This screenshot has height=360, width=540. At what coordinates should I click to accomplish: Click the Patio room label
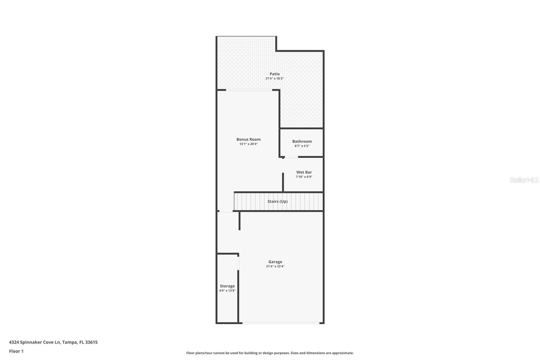click(x=274, y=74)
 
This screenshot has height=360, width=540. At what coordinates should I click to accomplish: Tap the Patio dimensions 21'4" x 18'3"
click(x=274, y=79)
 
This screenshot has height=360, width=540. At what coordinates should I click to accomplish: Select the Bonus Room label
click(x=248, y=139)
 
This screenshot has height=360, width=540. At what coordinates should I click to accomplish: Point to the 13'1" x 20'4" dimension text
click(x=248, y=144)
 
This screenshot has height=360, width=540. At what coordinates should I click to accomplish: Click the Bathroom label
click(x=302, y=142)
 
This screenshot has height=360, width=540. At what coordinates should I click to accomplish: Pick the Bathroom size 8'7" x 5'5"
click(x=302, y=146)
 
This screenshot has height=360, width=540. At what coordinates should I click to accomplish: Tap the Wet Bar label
click(x=304, y=172)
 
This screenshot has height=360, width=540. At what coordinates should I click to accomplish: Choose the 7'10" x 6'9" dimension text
click(x=304, y=177)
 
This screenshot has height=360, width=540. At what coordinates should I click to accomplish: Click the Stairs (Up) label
click(x=277, y=202)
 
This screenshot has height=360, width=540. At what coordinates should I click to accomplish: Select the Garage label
click(x=275, y=262)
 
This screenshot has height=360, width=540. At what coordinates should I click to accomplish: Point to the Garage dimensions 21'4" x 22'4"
click(x=275, y=266)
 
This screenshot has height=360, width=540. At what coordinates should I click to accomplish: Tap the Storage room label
click(x=227, y=286)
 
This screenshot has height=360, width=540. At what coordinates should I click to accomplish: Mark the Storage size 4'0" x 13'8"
click(x=227, y=291)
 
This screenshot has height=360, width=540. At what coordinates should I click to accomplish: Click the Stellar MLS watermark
click(x=524, y=180)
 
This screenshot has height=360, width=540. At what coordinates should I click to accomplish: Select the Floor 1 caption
click(x=16, y=351)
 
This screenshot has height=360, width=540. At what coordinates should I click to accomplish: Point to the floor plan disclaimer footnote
click(x=270, y=353)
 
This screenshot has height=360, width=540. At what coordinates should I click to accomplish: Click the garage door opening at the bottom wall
click(x=281, y=323)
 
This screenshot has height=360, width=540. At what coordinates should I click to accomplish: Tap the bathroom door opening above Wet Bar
click(x=291, y=157)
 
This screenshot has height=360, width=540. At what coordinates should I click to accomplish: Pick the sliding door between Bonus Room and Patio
click(x=249, y=90)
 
